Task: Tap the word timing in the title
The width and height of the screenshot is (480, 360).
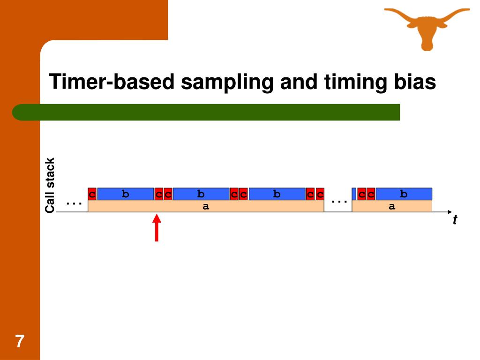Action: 351,82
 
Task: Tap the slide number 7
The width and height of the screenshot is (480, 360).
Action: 19,341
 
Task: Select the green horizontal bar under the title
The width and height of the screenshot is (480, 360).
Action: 206,112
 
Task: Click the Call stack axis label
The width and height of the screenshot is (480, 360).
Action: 50,185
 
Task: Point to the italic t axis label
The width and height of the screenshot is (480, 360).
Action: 455,220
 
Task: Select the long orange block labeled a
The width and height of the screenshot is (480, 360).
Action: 206,206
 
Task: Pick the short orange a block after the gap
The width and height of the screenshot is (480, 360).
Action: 392,206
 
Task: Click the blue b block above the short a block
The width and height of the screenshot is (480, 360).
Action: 404,194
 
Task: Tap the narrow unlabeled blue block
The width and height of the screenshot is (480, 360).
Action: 354,194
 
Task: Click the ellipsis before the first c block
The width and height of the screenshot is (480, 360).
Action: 74,203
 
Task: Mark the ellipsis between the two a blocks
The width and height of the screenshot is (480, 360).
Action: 338,201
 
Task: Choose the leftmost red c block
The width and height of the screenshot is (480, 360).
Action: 92,194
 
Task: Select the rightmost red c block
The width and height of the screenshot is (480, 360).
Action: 371,194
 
